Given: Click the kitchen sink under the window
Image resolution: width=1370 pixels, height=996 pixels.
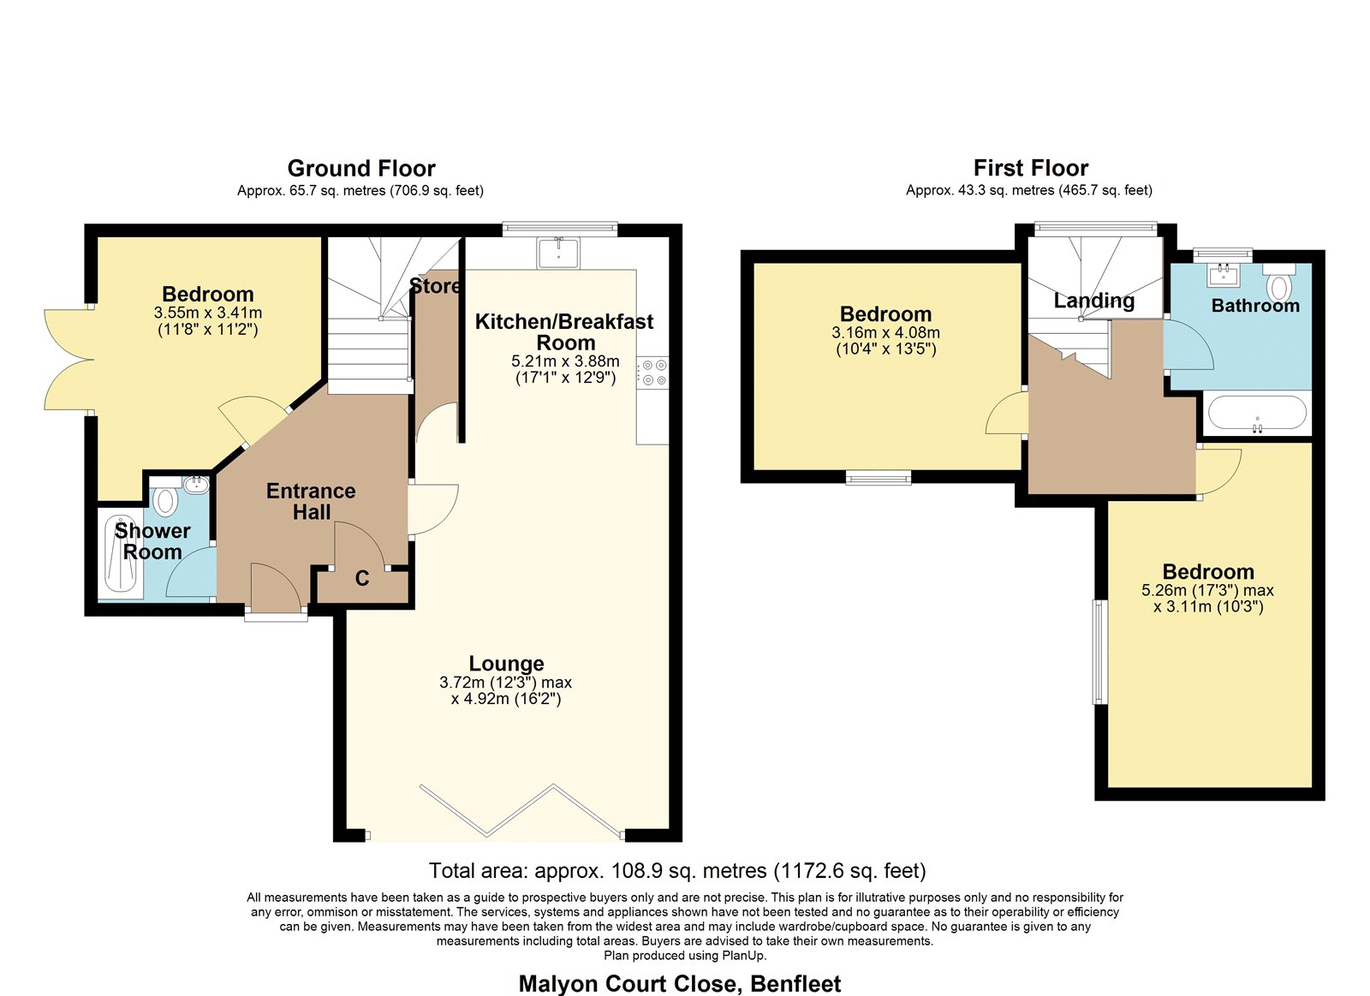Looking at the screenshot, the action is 557,253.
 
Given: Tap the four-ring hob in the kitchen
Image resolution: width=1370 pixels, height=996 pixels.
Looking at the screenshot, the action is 652,373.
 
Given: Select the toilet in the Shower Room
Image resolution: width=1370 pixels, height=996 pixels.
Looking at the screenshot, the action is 165,498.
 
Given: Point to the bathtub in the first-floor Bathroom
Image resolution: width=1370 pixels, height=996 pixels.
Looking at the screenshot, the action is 1257,414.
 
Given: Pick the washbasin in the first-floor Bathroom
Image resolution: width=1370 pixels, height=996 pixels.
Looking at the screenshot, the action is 1224,275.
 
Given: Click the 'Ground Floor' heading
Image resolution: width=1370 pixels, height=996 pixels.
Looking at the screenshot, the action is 361,168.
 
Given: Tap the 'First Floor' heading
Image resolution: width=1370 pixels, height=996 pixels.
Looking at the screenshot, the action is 1031,168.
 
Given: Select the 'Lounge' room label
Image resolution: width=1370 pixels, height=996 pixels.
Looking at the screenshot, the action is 506,663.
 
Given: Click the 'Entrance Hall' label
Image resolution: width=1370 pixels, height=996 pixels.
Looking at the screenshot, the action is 312,501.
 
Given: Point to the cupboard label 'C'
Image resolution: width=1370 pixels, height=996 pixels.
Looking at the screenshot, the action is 362,578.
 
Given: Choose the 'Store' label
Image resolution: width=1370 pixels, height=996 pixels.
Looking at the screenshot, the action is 434,286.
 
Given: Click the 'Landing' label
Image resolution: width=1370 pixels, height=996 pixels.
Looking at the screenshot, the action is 1094,301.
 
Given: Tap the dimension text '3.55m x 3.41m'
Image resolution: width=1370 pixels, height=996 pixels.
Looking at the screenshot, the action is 208,313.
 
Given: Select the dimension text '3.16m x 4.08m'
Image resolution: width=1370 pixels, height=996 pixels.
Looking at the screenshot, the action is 885,333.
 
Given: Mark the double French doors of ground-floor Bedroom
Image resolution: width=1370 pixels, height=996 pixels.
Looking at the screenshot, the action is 68,360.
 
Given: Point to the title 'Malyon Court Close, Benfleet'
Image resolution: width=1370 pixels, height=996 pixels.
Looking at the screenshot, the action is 680,984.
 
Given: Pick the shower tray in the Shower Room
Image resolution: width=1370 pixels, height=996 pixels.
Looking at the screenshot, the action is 121,555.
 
